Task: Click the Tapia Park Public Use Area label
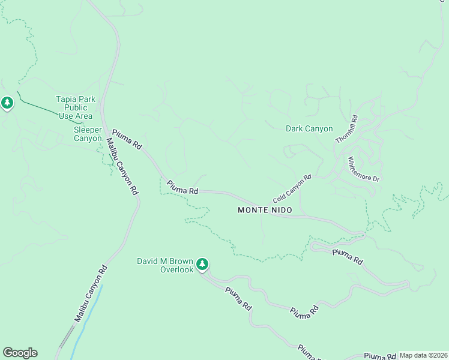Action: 75,107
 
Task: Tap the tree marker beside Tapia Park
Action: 7,103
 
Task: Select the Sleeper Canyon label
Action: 88,134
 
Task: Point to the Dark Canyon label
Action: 309,128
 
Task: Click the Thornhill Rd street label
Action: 346,129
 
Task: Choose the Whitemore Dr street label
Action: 364,170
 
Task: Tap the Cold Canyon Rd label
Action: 292,188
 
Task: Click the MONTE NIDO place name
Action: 265,210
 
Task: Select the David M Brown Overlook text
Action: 165,265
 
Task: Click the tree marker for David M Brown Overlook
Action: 203,264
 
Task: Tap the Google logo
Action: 20,353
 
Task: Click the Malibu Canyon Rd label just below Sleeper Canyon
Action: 122,166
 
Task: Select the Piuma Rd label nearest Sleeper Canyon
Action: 127,139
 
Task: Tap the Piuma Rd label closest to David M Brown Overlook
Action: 238,298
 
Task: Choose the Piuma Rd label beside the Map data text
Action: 379,356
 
